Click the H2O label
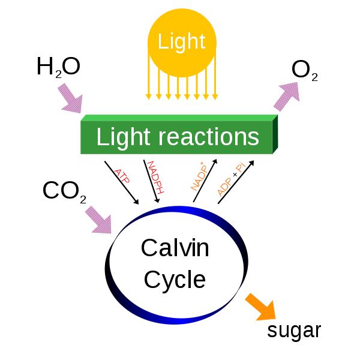pos(58,67)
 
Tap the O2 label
pos(305,71)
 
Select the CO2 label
pos(65,191)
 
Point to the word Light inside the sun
pos(181,41)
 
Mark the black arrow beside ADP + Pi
pos(236,183)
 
